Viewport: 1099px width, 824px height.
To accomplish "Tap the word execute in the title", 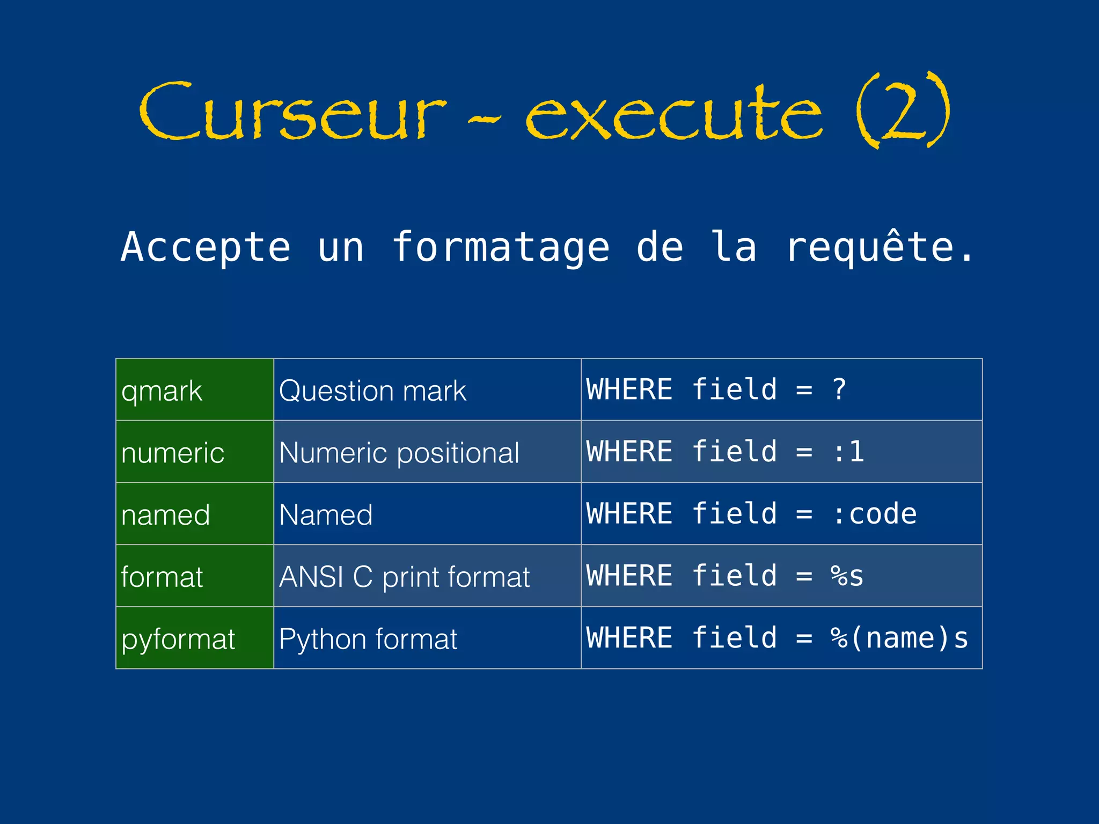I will pos(673,113).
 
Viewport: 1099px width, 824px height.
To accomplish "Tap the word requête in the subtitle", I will pos(870,246).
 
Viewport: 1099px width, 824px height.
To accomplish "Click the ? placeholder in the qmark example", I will pos(839,389).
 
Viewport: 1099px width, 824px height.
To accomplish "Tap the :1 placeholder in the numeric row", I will pos(848,452).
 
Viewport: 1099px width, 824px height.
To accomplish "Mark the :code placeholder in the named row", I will pos(874,514).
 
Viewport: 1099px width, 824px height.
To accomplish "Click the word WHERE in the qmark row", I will pos(629,389).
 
